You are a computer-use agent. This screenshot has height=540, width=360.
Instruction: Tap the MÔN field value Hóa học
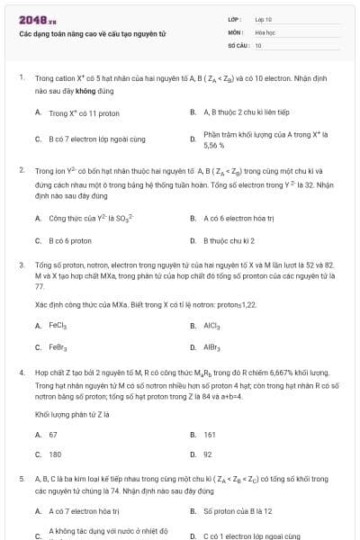265,31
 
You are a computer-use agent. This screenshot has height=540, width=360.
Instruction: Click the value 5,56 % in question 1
214,144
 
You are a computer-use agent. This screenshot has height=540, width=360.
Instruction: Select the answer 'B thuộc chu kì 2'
229,240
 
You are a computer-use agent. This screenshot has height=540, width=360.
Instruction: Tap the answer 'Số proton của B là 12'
238,511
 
